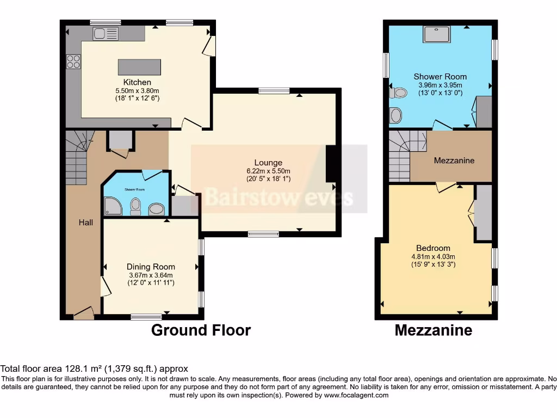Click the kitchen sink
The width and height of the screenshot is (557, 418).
tap(106, 34)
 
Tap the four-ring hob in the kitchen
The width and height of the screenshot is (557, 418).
tap(73, 62)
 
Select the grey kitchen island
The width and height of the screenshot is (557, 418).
tap(139, 67)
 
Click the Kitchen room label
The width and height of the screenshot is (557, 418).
tap(137, 82)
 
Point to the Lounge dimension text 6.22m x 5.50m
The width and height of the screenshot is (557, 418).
tap(268, 170)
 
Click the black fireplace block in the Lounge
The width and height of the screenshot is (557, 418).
tap(330, 164)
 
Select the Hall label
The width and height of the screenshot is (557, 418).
tap(85, 222)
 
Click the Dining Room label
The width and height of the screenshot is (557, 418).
tap(151, 267)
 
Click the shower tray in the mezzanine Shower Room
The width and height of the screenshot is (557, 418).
tap(438, 34)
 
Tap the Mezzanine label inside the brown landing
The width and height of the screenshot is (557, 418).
tap(454, 161)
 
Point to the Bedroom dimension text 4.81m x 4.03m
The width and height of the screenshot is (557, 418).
tap(432, 256)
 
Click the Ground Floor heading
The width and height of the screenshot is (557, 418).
tap(201, 330)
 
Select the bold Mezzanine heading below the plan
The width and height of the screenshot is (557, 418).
tap(433, 330)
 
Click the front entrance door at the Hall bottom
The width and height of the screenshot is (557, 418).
tap(83, 313)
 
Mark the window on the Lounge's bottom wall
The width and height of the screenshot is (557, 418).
tap(263, 234)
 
